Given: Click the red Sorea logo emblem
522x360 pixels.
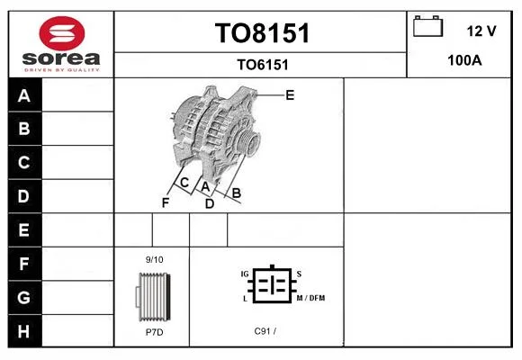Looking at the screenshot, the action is tap(62, 33).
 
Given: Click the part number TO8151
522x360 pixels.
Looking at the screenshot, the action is tap(262, 33).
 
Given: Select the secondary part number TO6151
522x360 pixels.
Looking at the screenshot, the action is tap(263, 65).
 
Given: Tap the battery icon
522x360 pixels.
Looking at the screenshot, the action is tap(427, 26).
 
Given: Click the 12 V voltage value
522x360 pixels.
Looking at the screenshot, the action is tap(481, 31).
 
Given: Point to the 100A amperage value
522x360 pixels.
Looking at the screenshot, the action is tap(464, 60).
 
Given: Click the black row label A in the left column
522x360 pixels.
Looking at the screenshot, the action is tap(24, 95).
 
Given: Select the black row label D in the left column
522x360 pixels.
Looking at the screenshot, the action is tap(24, 196).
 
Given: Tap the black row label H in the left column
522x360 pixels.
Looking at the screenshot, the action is tap(24, 331).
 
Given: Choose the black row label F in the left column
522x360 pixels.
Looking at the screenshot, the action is tap(24, 264).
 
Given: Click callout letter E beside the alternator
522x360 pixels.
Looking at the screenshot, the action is tap(290, 95).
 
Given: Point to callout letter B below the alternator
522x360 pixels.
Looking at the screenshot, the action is tap(236, 193).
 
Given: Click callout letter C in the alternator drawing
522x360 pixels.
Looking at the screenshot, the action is tap(184, 183).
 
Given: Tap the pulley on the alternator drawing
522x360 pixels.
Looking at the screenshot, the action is tap(248, 141).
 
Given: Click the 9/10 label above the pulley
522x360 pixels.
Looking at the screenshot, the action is tap(155, 260).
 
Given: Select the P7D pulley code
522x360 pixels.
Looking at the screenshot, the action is tap(155, 332).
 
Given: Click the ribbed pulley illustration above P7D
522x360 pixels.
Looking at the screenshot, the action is tap(154, 297).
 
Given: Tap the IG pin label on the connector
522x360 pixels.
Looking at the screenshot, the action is tap(245, 274).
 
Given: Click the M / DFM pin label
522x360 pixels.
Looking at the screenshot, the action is tap(310, 298).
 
